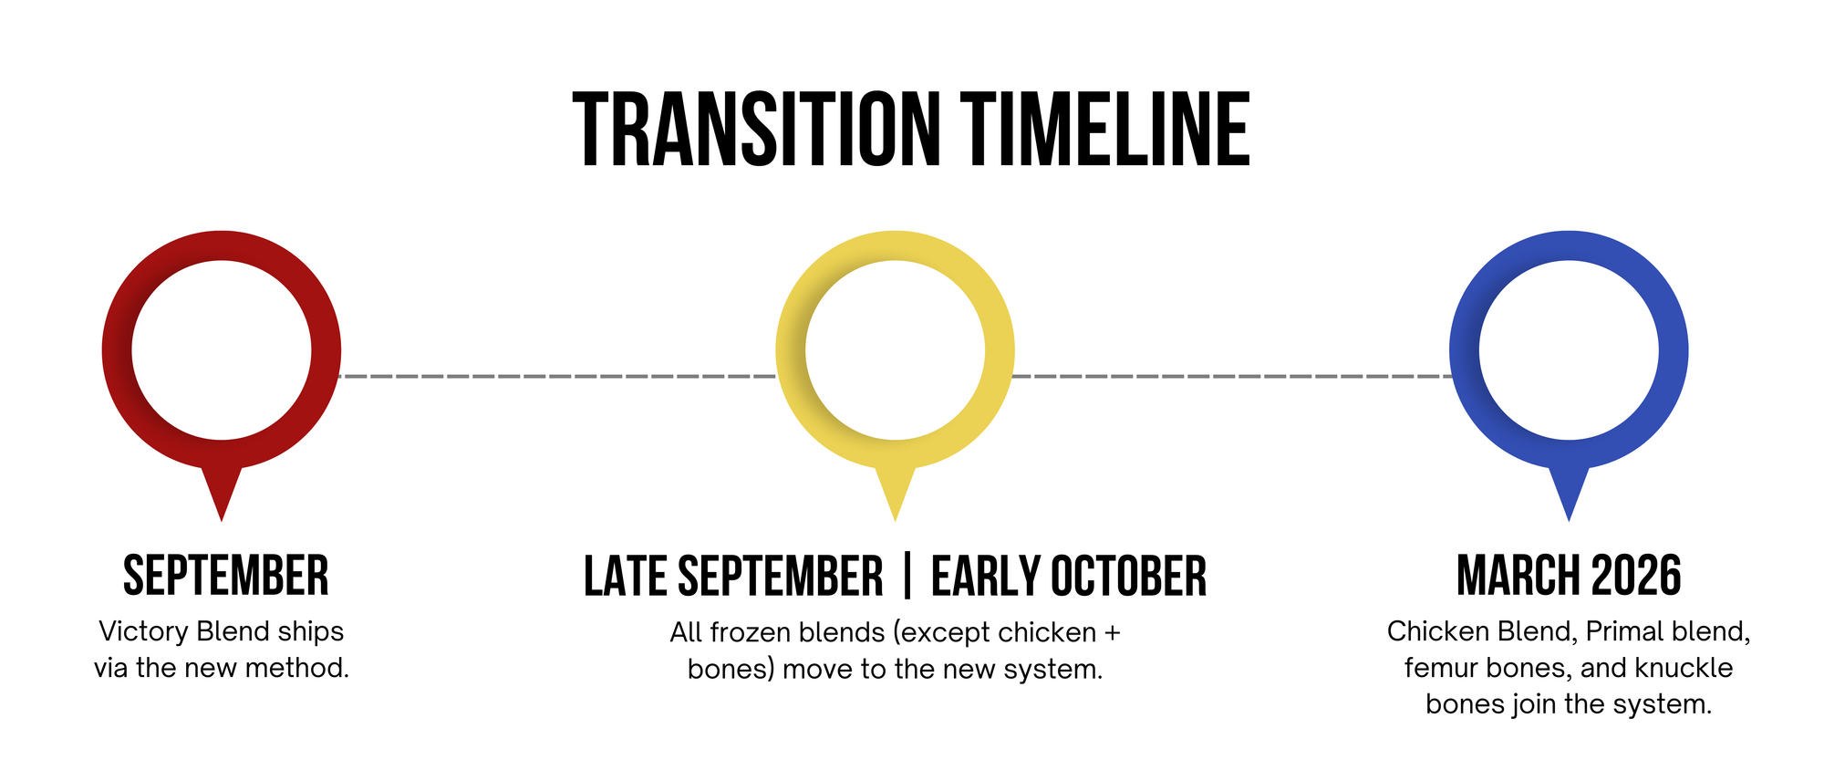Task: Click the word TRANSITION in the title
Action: coord(757,130)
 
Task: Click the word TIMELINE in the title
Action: coord(1106,130)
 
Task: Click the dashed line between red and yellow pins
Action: coord(558,375)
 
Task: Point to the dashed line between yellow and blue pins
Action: coord(1232,375)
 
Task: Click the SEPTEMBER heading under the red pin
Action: coord(225,576)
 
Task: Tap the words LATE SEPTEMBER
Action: coord(733,577)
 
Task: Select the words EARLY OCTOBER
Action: coord(1069,577)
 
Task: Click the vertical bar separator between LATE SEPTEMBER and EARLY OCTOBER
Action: coord(907,577)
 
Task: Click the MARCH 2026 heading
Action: coord(1569,576)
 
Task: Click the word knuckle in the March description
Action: coord(1684,668)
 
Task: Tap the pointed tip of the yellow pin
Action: coord(896,520)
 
